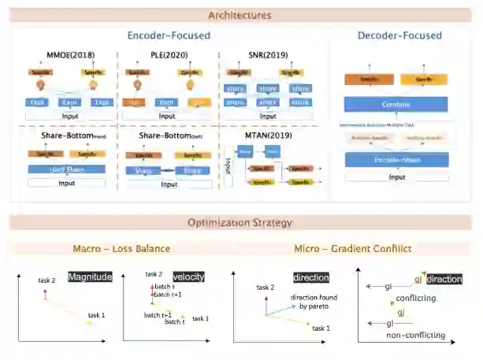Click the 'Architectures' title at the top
tap(240, 15)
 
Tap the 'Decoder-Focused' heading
tap(399, 35)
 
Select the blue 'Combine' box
tap(396, 104)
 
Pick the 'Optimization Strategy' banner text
tap(240, 222)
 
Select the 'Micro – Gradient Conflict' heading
tap(352, 249)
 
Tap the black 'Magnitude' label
tap(90, 276)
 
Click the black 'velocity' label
tap(188, 276)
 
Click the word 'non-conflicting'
tap(415, 335)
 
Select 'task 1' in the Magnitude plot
tap(96, 315)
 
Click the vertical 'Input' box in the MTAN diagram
tap(228, 165)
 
